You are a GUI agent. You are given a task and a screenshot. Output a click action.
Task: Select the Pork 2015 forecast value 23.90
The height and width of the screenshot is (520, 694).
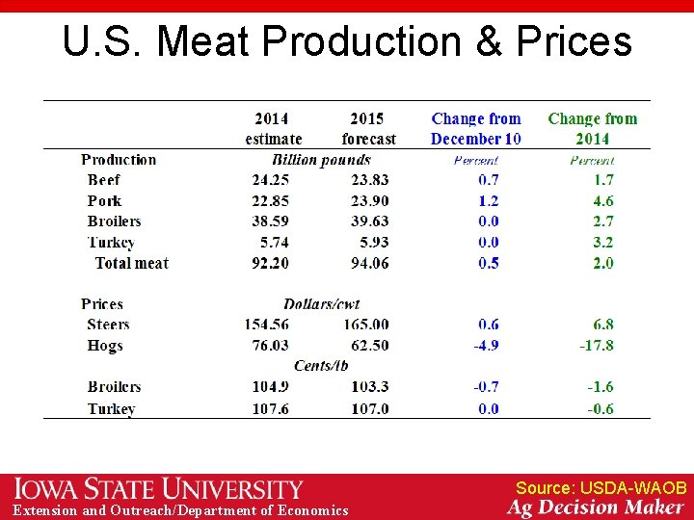(x=370, y=200)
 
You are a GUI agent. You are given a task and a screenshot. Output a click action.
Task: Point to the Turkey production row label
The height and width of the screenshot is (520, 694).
(x=111, y=243)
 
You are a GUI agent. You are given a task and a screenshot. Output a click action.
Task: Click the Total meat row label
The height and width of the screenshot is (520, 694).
(x=132, y=263)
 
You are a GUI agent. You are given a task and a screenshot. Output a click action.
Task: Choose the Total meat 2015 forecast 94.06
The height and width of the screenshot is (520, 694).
(x=370, y=263)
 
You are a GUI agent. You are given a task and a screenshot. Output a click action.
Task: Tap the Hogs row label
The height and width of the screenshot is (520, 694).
(x=105, y=346)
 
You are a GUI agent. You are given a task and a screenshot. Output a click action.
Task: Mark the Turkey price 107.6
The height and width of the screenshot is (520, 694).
(x=267, y=408)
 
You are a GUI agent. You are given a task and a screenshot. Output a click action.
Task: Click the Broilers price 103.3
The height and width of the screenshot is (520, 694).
(x=370, y=387)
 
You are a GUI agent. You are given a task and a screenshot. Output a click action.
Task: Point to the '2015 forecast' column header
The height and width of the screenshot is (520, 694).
(x=367, y=129)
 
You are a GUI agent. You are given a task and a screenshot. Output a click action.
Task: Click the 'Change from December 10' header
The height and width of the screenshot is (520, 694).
(x=476, y=129)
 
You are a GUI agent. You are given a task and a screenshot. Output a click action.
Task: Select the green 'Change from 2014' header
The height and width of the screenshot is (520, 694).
(x=592, y=129)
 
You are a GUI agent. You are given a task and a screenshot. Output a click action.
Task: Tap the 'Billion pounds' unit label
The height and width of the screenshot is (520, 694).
(x=321, y=160)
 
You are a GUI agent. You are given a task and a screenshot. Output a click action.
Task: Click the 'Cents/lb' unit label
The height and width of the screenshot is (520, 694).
(x=321, y=366)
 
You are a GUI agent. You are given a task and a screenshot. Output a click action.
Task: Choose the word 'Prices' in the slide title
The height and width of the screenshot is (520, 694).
(x=574, y=41)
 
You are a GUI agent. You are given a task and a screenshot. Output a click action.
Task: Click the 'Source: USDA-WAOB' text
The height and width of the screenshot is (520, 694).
(x=601, y=488)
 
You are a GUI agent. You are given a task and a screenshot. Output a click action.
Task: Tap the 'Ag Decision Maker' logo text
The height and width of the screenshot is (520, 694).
(x=596, y=507)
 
